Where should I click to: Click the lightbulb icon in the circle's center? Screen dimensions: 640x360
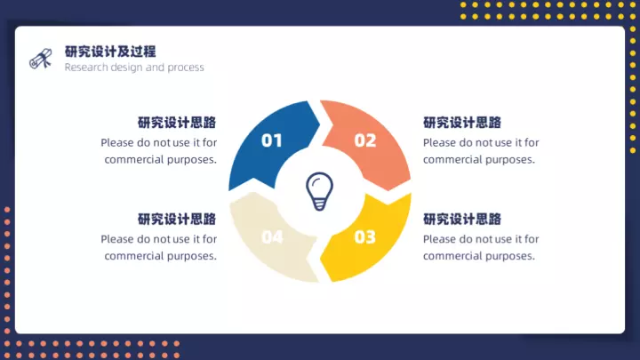(319, 191)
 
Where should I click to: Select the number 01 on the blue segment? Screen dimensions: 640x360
(271, 140)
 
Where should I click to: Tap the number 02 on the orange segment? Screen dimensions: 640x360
(365, 140)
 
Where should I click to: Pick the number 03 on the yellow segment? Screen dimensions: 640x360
(365, 236)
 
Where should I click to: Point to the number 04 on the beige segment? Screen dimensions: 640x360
(272, 236)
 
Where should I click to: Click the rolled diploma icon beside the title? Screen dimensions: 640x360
(41, 59)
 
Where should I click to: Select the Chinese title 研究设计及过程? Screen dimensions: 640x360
(110, 52)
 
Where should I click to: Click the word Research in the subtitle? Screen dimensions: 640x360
(86, 67)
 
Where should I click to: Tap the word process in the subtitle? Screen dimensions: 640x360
(185, 68)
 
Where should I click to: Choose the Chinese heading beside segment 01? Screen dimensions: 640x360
(177, 123)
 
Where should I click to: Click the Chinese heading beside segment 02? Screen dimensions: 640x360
(462, 123)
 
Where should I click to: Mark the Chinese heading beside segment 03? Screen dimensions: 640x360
(462, 220)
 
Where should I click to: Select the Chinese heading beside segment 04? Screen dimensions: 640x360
(177, 220)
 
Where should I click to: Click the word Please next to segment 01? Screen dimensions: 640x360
(117, 143)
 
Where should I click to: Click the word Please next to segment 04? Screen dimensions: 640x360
(117, 239)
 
